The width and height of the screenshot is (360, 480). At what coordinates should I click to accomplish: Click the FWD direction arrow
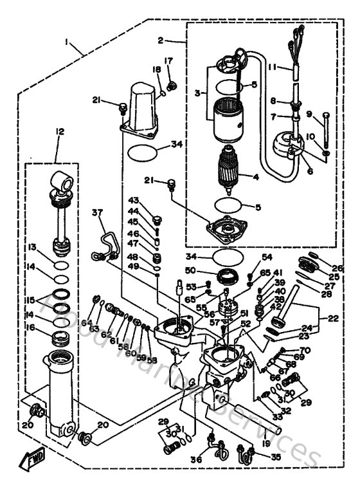point(31,459)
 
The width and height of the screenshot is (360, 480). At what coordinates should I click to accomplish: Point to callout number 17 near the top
point(170,61)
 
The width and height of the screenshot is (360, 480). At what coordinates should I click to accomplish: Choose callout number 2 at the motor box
point(160,41)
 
